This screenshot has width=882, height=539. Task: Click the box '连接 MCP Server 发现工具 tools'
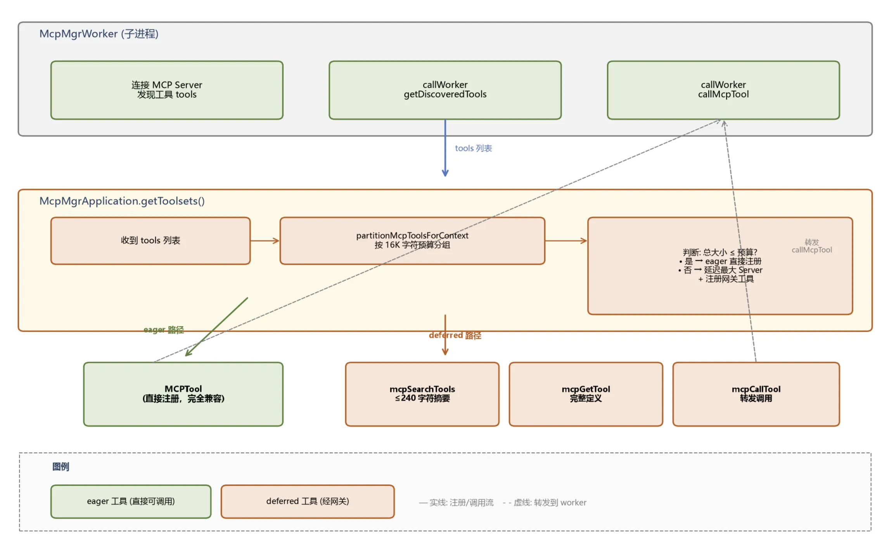tap(167, 90)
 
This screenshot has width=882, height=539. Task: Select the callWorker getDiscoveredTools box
tap(445, 90)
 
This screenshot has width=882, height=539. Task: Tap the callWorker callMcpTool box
tap(723, 90)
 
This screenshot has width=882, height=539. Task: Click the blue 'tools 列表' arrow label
tap(473, 148)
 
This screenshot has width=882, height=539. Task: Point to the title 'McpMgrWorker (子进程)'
tap(99, 34)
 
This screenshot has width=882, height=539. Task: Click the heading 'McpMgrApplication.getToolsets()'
tap(122, 201)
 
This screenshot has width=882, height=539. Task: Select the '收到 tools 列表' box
tap(150, 241)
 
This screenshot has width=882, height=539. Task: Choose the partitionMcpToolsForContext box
tap(412, 241)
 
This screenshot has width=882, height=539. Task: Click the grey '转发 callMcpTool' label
tap(812, 246)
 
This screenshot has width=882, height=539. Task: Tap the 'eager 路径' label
tap(164, 330)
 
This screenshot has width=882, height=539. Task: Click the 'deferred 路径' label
tap(455, 335)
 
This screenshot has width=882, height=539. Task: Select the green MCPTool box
tap(183, 394)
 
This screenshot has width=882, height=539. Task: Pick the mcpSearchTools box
tap(422, 394)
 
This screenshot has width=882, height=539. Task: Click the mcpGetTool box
tap(586, 394)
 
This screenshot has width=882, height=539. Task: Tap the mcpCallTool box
tap(756, 394)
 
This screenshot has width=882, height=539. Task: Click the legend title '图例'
tap(61, 466)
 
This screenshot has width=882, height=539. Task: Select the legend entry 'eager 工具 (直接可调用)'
tap(131, 501)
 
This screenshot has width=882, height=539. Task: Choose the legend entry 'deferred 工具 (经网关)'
tap(308, 501)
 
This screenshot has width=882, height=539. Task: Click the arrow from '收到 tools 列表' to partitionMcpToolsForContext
tap(265, 241)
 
